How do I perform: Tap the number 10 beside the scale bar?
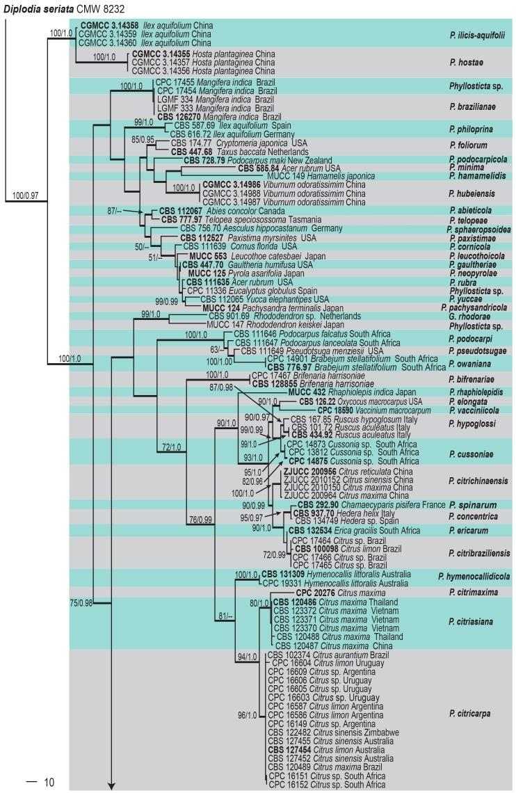click(x=48, y=783)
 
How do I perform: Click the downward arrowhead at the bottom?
click(x=110, y=786)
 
